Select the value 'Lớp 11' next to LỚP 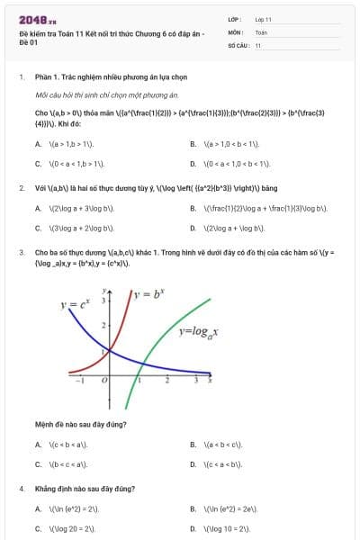point(263,19)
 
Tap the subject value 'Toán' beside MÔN point(261,31)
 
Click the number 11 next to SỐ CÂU point(258,44)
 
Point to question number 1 point(20,77)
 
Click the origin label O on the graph point(104,381)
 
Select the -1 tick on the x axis point(79,381)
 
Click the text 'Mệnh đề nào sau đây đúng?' point(80,424)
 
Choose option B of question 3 point(218,445)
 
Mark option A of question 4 point(67,508)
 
